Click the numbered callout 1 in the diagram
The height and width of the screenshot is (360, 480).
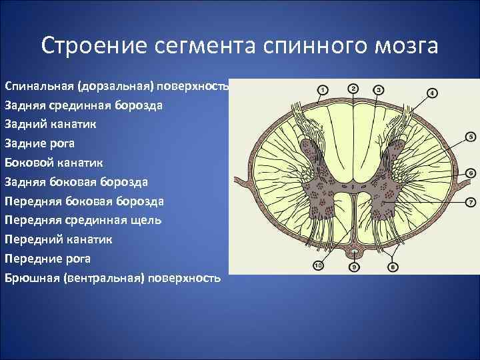(322, 89)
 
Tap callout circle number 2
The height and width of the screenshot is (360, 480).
(353, 88)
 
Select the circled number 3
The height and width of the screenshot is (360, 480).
(378, 89)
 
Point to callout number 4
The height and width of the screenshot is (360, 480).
(432, 93)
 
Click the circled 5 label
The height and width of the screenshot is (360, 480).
(469, 137)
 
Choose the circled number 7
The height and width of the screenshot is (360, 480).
(469, 201)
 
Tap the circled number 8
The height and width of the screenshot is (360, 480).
(392, 267)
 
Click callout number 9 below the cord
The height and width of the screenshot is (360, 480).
(354, 267)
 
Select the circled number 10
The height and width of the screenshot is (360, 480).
(318, 267)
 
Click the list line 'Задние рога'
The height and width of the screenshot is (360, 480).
(39, 143)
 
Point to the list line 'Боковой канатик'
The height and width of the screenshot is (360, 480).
(53, 162)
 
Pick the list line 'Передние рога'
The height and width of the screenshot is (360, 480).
(47, 258)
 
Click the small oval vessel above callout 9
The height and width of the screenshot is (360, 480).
(354, 251)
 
